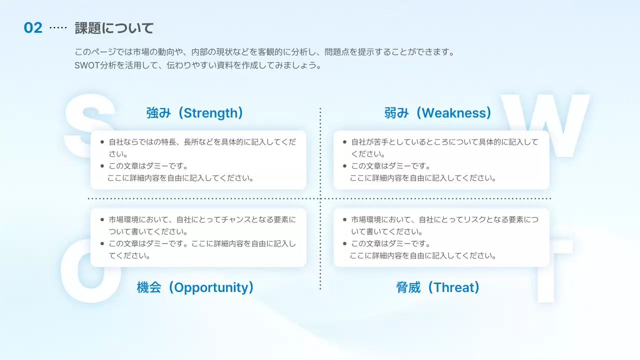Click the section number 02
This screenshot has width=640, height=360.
point(33,28)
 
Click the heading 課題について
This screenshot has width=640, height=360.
point(114,28)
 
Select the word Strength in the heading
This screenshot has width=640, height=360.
point(211,113)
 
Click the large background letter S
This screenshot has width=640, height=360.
point(89,125)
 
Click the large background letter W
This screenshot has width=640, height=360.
point(545,125)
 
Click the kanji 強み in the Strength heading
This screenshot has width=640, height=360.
point(158,113)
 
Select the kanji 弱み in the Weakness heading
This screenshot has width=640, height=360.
point(396,113)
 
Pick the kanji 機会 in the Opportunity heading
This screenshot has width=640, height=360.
point(149,287)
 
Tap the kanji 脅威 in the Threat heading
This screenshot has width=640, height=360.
point(408,287)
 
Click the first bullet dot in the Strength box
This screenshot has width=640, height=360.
point(102,142)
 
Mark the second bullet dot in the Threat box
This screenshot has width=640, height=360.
point(344,243)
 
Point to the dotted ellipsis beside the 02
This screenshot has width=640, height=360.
point(58,27)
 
